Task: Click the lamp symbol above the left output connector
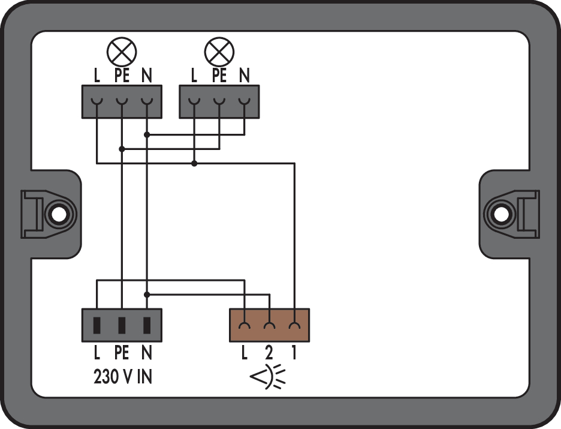(122, 52)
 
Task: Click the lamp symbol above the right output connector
(219, 52)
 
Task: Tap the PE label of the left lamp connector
(122, 75)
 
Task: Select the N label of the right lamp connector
(245, 75)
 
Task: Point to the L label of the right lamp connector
(194, 75)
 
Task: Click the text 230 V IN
(123, 377)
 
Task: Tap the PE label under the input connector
(122, 353)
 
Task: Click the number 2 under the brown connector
(269, 353)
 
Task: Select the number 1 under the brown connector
(294, 353)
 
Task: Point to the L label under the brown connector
(245, 353)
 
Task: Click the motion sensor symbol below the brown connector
(268, 377)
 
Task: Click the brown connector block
(269, 325)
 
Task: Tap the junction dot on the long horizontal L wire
(194, 164)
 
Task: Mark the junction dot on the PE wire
(122, 149)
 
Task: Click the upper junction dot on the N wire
(147, 134)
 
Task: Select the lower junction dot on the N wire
(147, 295)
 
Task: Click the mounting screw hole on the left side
(59, 215)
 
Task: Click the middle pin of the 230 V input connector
(122, 325)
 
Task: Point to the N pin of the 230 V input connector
(147, 325)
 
